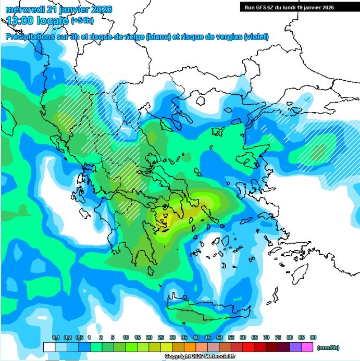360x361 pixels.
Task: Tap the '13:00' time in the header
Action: [17, 21]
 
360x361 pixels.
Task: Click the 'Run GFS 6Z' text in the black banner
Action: [261, 7]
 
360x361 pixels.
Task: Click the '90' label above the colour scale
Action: [313, 338]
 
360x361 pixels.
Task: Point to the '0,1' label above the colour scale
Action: [56, 338]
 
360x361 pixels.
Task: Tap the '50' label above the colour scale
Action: [219, 338]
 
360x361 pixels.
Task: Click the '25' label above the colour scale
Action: [161, 338]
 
